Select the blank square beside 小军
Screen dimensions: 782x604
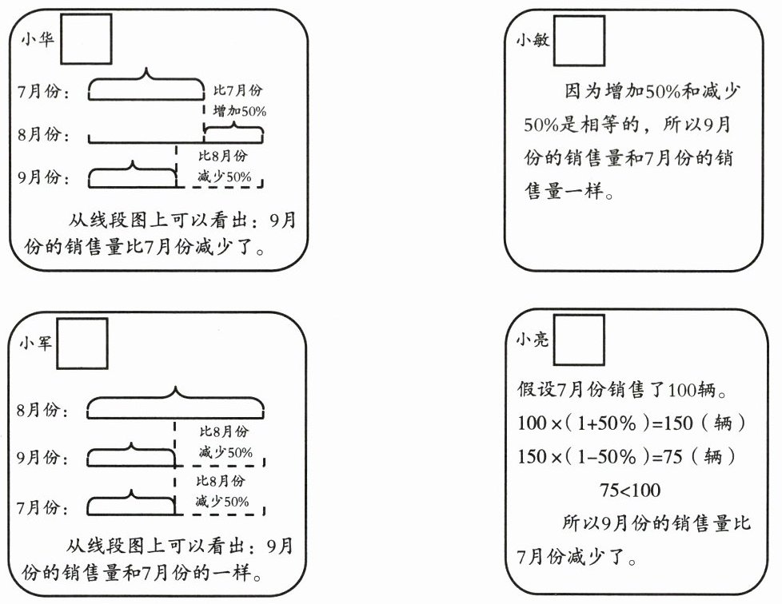pos(82,344)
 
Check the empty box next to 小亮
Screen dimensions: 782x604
pos(580,340)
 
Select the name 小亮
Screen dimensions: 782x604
pos(533,340)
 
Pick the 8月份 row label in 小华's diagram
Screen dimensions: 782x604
pos(43,133)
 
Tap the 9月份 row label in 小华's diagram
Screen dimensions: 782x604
pos(43,177)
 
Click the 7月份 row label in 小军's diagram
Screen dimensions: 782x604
pos(43,507)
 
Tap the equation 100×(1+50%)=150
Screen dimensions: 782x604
pos(632,423)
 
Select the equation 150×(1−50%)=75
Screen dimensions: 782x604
pos(632,457)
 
